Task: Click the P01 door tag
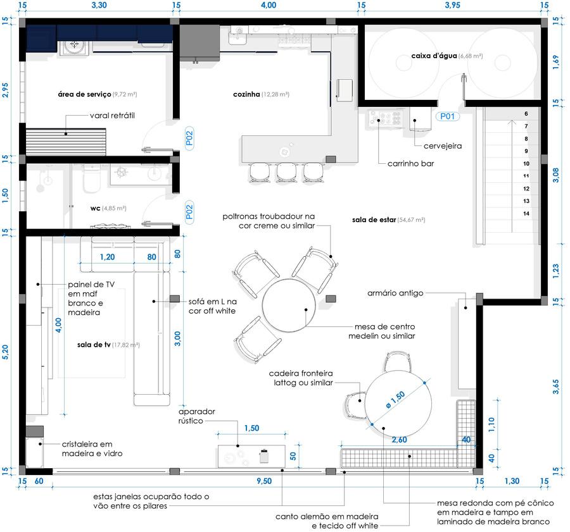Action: (447, 116)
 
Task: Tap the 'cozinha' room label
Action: (246, 94)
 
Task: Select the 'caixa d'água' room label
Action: (434, 56)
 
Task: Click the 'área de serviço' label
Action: (84, 94)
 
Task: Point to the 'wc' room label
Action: (95, 209)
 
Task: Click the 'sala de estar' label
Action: (374, 220)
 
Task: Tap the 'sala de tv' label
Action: (94, 345)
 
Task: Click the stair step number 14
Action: (526, 214)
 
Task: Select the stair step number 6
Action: (526, 114)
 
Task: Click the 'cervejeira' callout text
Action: (443, 146)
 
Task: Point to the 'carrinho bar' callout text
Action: (411, 163)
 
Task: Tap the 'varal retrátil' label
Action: (112, 116)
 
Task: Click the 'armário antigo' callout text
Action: (395, 293)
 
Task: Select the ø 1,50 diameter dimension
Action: (395, 399)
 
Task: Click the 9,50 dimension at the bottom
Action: (264, 481)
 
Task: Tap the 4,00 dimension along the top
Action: (269, 5)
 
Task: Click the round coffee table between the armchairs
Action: (289, 305)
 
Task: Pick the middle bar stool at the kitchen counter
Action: (287, 172)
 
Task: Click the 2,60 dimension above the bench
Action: (399, 440)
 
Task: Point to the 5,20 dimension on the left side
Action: (5, 352)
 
